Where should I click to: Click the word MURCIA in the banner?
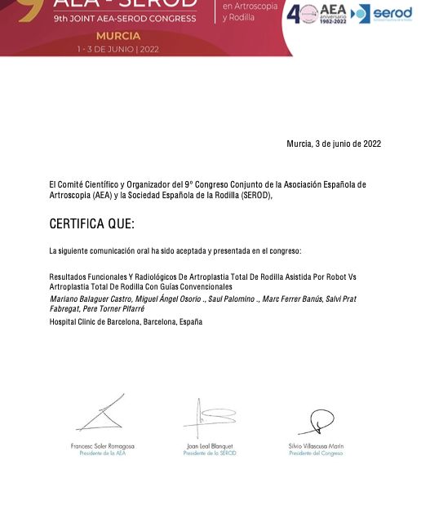[x=118, y=36]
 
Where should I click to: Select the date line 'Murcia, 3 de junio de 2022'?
[x=334, y=144]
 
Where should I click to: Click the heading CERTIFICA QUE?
[x=91, y=224]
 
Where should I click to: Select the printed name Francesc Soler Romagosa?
[x=103, y=446]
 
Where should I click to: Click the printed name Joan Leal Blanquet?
[x=210, y=446]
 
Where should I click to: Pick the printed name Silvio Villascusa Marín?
[x=317, y=446]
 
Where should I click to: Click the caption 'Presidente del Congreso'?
[x=317, y=453]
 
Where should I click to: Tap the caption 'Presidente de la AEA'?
[x=103, y=453]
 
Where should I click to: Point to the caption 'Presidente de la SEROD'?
[x=210, y=453]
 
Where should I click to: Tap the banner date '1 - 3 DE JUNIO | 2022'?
[x=118, y=49]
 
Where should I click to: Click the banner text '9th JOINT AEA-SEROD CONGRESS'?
[x=124, y=18]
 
